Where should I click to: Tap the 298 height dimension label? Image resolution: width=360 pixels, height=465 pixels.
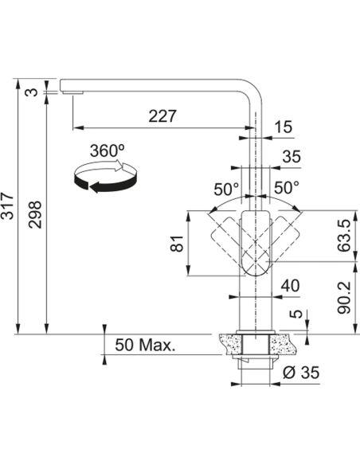(x=35, y=214)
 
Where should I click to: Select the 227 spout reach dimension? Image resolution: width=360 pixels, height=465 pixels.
(x=162, y=116)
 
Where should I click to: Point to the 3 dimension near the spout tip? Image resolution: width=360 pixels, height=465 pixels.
(x=35, y=92)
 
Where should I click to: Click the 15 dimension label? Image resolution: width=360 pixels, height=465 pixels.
(x=283, y=127)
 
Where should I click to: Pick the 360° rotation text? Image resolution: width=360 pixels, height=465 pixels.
(x=107, y=150)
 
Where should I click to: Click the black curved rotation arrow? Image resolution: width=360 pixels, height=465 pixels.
(x=105, y=178)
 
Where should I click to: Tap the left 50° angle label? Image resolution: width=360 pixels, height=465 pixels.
(x=226, y=189)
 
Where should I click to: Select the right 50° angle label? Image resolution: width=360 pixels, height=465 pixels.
(x=287, y=187)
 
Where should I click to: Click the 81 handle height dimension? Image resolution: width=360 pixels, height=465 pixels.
(x=178, y=244)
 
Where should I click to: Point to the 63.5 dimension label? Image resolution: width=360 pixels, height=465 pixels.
(x=344, y=236)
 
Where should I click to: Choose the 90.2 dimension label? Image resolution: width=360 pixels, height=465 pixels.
(x=344, y=298)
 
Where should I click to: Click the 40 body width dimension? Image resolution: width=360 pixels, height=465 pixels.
(x=290, y=286)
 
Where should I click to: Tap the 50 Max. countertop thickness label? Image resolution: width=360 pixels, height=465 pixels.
(x=145, y=345)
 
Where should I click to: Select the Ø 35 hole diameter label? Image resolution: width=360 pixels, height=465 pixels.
(x=301, y=372)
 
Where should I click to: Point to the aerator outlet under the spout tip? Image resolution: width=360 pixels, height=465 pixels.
(x=72, y=93)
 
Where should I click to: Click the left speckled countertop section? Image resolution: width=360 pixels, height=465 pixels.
(x=230, y=344)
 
